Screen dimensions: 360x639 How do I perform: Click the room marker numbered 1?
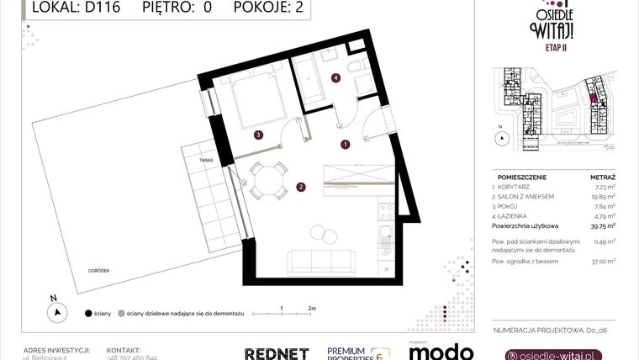coord(346,144)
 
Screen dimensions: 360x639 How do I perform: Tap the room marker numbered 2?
coord(300,187)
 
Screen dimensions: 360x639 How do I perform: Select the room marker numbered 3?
coord(259,134)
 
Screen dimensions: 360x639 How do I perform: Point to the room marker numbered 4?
coord(335,78)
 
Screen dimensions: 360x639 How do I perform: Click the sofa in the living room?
coord(320,262)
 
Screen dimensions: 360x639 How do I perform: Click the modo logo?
coord(440,352)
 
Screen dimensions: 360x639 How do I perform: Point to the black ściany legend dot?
coord(88,313)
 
